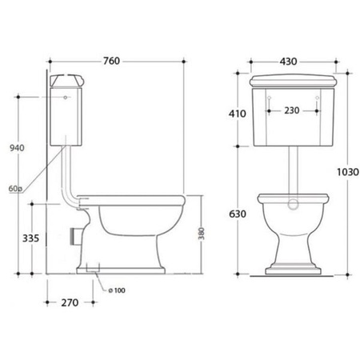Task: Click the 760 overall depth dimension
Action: tap(111, 61)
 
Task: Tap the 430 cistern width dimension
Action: tap(288, 62)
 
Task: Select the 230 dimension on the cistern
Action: tap(292, 110)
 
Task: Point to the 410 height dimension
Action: tap(238, 114)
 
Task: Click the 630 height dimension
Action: tap(238, 214)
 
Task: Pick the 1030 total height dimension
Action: tap(348, 172)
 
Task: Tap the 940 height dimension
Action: tap(17, 148)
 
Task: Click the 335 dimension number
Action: tap(30, 238)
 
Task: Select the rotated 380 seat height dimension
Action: tap(202, 234)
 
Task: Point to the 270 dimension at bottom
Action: tap(70, 302)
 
